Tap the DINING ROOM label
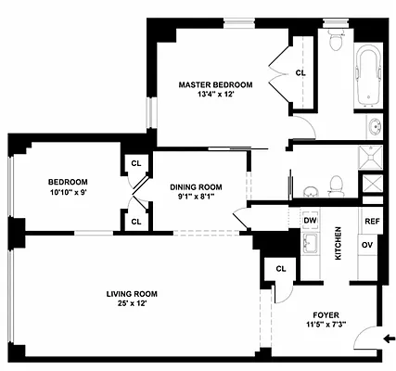(x=193, y=185)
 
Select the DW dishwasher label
(x=311, y=221)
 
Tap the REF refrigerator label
(x=371, y=221)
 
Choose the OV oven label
(x=367, y=244)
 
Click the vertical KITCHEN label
(x=339, y=243)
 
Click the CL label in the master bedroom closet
(x=300, y=72)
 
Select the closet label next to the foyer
(x=279, y=269)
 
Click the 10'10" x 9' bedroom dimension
(x=69, y=194)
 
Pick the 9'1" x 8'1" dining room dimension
(x=193, y=196)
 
